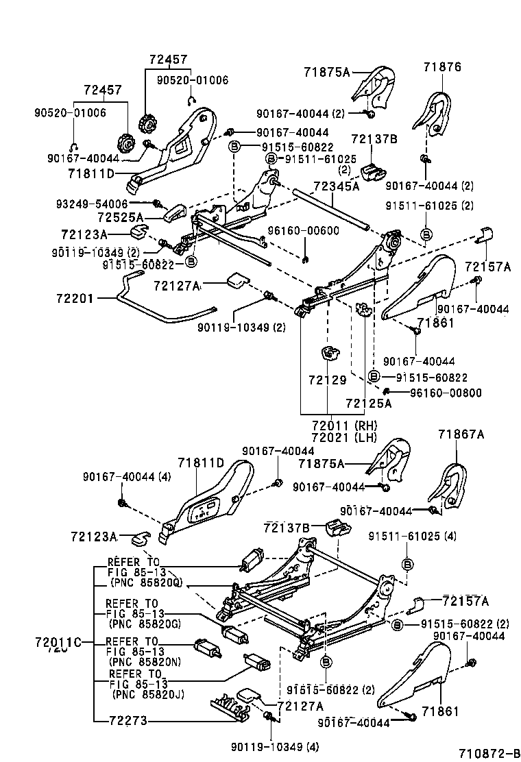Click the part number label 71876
(x=442, y=67)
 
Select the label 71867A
(x=461, y=434)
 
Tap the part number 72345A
(x=337, y=186)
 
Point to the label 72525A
(x=120, y=217)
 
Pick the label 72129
(x=328, y=380)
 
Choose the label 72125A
(x=368, y=403)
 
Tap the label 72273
(x=129, y=720)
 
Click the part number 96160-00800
(x=446, y=393)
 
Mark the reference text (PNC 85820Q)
(x=146, y=582)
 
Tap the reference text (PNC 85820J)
(x=146, y=693)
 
